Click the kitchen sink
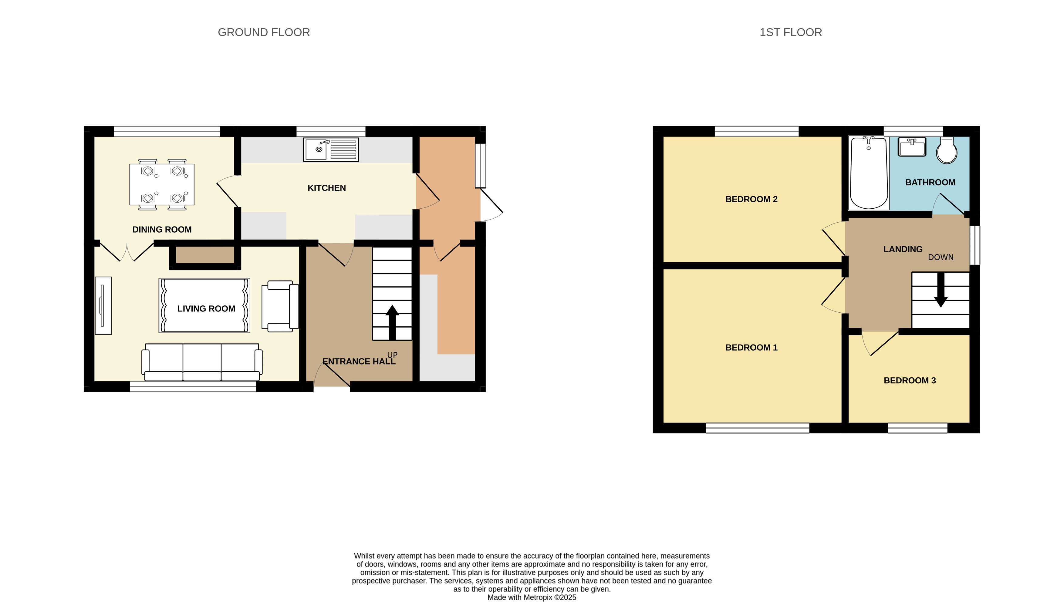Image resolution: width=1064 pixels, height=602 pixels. tap(331, 149)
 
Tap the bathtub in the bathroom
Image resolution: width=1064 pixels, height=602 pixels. tap(868, 173)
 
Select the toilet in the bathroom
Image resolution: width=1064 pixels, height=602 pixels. tap(947, 150)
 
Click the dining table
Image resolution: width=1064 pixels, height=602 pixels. tap(162, 184)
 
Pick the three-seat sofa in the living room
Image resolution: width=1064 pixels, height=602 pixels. tap(202, 362)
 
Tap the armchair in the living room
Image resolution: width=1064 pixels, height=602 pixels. tap(280, 306)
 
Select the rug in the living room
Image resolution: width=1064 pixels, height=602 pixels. tap(204, 305)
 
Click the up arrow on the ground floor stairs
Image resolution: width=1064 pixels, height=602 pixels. tap(392, 322)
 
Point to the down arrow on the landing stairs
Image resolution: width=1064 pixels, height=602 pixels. tap(941, 289)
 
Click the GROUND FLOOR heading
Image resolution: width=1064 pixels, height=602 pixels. tap(264, 32)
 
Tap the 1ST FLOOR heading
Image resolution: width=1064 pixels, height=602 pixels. tap(791, 32)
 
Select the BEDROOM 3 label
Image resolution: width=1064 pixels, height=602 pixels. tap(910, 380)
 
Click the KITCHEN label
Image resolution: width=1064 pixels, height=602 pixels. tap(327, 188)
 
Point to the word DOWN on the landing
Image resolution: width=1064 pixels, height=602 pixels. tap(941, 257)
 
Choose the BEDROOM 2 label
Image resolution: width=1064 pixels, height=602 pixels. tap(752, 199)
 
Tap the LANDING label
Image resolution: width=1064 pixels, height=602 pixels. tap(903, 249)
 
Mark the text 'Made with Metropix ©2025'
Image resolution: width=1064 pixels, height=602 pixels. tap(532, 597)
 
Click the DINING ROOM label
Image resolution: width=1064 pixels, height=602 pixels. tap(162, 230)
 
